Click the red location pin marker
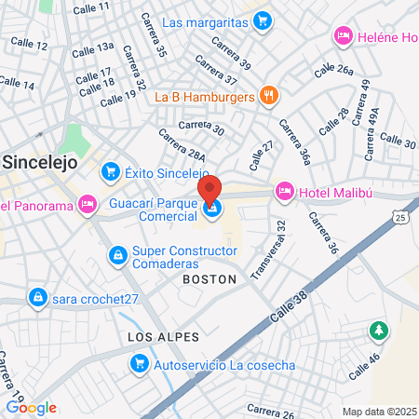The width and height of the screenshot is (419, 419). [210, 189]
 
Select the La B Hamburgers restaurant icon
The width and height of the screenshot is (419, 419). [269, 94]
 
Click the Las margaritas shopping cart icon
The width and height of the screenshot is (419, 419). [264, 19]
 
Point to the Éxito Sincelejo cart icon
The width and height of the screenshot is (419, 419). [111, 171]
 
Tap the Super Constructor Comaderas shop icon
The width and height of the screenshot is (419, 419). [117, 253]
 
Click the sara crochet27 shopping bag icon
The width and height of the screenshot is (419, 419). [37, 298]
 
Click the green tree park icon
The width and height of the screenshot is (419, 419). [378, 330]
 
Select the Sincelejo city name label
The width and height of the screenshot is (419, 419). [41, 160]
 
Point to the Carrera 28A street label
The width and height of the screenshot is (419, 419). [182, 146]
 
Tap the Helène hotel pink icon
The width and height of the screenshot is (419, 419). [342, 36]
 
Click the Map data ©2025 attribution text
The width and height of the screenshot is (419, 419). [378, 411]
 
